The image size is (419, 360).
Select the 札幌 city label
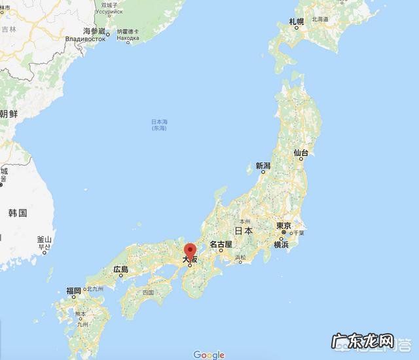pyautogui.click(x=297, y=22)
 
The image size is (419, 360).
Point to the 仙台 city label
pyautogui.click(x=301, y=153)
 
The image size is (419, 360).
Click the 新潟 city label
pyautogui.click(x=263, y=166)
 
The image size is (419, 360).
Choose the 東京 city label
pyautogui.click(x=283, y=226)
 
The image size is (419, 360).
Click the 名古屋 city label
pyautogui.click(x=221, y=244)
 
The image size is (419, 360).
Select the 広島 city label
pyautogui.click(x=120, y=269)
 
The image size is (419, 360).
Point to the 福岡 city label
pyautogui.click(x=73, y=291)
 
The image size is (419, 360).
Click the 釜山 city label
pyautogui.click(x=44, y=240)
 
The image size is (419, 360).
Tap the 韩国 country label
pyautogui.click(x=18, y=213)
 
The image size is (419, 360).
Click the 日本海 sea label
pyautogui.click(x=159, y=122)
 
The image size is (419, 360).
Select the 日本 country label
pyautogui.click(x=244, y=230)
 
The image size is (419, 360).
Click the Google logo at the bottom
pyautogui.click(x=209, y=355)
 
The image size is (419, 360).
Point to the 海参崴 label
pyautogui.click(x=94, y=31)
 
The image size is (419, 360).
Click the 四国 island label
pyautogui.click(x=147, y=292)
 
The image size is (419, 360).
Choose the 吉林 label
pyautogui.click(x=9, y=29)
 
